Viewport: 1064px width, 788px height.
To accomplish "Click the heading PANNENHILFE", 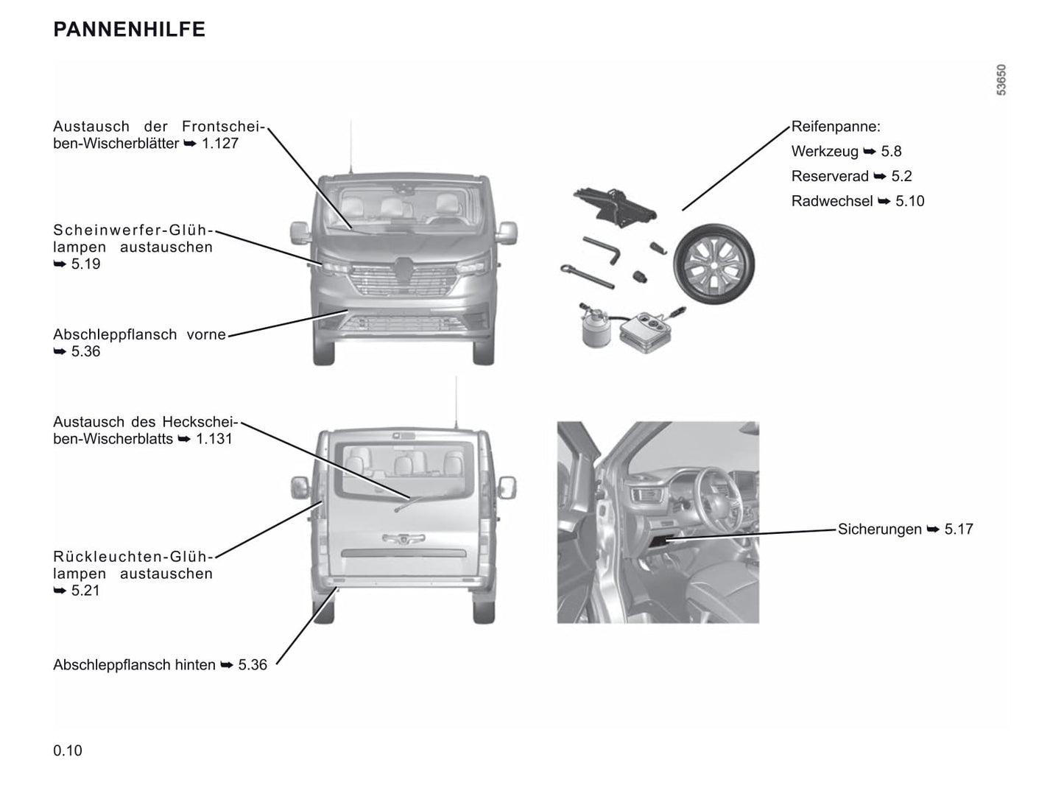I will point(129,29).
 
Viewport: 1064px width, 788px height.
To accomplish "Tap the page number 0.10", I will point(68,750).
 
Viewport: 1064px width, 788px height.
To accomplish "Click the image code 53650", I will point(1001,80).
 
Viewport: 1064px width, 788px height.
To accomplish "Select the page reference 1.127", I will point(220,144).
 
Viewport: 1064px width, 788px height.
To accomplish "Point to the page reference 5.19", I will point(85,264).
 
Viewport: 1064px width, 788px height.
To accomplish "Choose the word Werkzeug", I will point(825,152).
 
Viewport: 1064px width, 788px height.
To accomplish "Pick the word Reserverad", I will point(830,177).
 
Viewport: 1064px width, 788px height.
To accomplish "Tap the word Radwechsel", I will point(832,202).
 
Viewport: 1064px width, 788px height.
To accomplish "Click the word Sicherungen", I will point(879,530).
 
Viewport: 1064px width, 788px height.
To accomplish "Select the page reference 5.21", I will point(85,591).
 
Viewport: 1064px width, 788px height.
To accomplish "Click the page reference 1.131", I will point(214,439).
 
